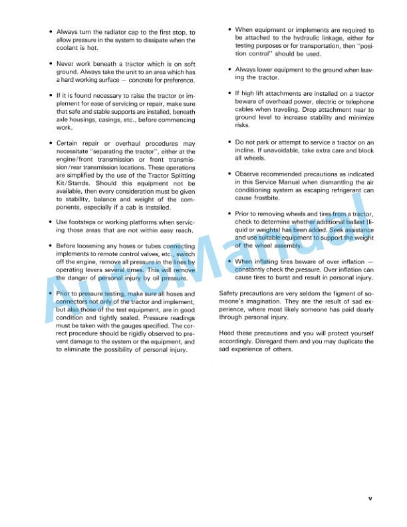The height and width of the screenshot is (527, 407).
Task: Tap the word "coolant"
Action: [x=68, y=49]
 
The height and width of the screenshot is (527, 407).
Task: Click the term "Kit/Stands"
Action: [x=72, y=183]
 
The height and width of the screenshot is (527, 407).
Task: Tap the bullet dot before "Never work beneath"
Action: [x=51, y=64]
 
